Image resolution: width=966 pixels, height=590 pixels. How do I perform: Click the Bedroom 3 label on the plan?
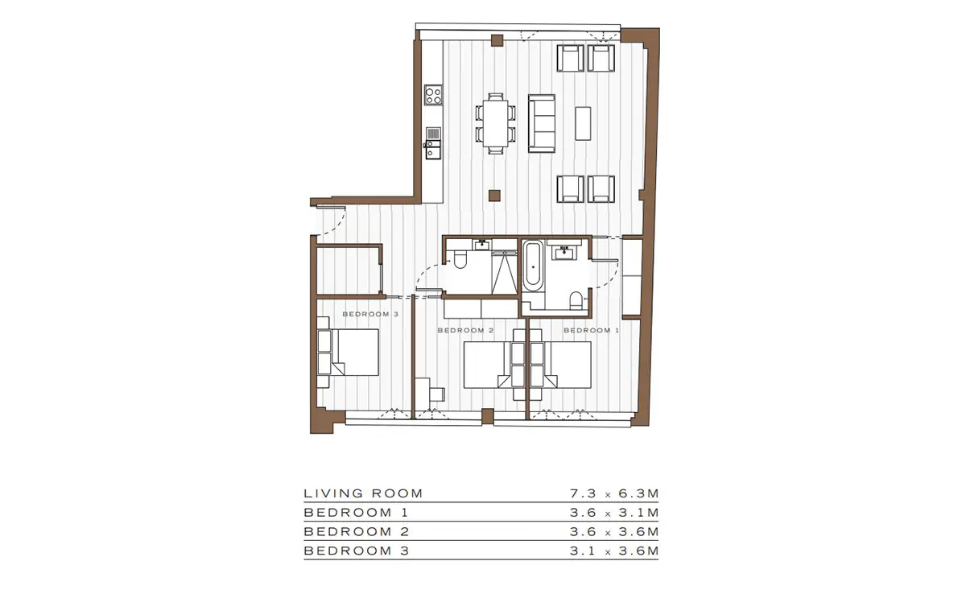point(370,314)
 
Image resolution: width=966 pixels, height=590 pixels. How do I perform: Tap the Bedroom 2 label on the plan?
point(465,330)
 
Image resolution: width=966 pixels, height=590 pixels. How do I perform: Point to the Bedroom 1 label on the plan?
point(591,330)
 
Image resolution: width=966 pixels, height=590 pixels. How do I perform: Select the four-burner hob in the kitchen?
point(433,95)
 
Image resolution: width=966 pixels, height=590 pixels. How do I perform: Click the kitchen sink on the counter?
point(433,149)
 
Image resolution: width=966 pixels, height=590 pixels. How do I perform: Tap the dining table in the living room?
point(496,123)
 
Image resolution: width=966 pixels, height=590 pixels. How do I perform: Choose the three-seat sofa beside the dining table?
point(542,123)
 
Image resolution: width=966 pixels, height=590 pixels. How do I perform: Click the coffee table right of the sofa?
point(583,123)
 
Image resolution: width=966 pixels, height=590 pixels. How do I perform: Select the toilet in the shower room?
point(460,260)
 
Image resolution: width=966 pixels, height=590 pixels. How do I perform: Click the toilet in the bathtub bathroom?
point(576,300)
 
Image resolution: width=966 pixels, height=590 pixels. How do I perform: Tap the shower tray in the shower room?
point(505,273)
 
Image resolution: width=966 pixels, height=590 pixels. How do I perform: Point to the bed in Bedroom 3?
point(348,353)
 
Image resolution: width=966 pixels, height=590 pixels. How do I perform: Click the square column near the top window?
point(497,40)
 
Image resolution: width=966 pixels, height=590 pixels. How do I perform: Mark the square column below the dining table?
point(494,196)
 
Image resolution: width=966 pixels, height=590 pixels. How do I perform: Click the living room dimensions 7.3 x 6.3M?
point(614,493)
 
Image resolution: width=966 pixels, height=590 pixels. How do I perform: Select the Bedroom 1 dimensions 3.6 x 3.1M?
point(614,513)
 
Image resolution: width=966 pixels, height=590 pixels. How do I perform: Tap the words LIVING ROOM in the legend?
point(363,493)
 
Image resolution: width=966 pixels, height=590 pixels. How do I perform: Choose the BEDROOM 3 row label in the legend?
point(356,551)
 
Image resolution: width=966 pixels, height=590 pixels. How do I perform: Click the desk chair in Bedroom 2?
point(437,394)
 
